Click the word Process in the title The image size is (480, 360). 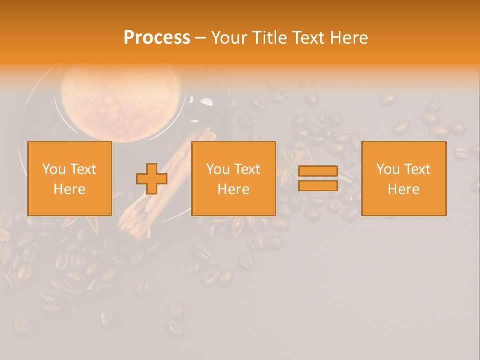tap(157, 38)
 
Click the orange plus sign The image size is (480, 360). tap(152, 179)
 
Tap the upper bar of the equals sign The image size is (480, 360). tap(318, 171)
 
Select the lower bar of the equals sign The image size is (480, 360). tap(318, 186)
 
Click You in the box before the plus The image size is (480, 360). tap(54, 169)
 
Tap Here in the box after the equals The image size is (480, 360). tap(404, 189)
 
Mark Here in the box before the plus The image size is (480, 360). tap(70, 189)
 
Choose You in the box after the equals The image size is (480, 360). tap(388, 169)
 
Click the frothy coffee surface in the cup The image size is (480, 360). tap(120, 95)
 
